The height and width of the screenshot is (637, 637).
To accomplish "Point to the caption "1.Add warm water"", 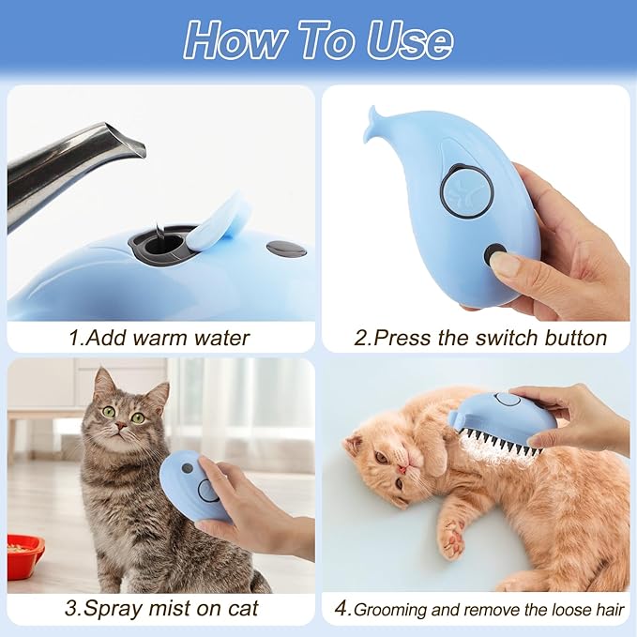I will [160, 337].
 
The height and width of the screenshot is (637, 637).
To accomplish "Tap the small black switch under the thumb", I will [494, 253].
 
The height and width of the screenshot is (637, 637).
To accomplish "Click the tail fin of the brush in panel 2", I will [377, 122].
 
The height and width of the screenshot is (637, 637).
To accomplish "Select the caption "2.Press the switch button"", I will [479, 337].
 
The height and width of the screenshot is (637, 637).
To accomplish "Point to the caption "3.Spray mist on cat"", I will [160, 607].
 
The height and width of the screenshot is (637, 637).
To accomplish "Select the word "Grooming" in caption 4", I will [393, 609].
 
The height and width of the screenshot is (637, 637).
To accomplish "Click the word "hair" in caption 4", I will [608, 609].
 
